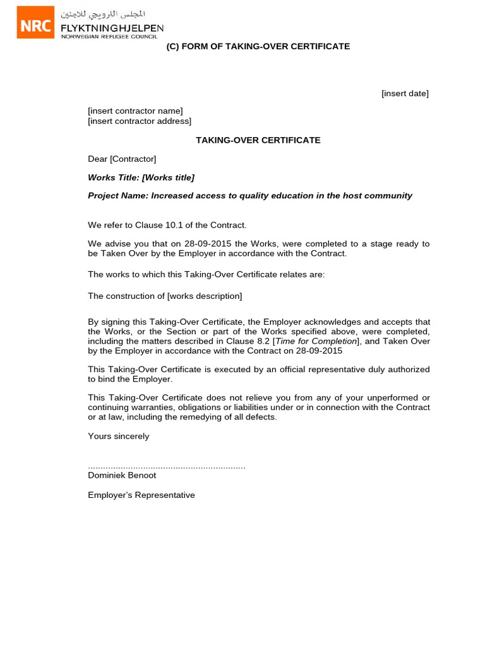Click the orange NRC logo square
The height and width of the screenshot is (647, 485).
35,22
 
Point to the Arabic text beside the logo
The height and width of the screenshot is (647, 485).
102,14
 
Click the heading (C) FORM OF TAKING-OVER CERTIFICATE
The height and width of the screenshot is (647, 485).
258,47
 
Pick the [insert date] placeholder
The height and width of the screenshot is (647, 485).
405,94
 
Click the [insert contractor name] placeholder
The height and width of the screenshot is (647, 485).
135,111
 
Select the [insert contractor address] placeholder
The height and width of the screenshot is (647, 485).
140,121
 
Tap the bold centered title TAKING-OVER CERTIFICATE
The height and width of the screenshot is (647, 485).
258,140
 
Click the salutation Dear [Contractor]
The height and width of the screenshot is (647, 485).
122,159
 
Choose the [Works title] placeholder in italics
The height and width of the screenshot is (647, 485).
168,178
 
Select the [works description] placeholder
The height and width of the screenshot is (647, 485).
204,296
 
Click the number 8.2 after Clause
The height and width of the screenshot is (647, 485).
263,341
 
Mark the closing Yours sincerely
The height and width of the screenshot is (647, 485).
119,436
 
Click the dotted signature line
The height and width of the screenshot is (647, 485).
166,467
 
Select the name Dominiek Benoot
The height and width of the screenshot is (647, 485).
122,475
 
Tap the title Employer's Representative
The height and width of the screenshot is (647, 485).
141,495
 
